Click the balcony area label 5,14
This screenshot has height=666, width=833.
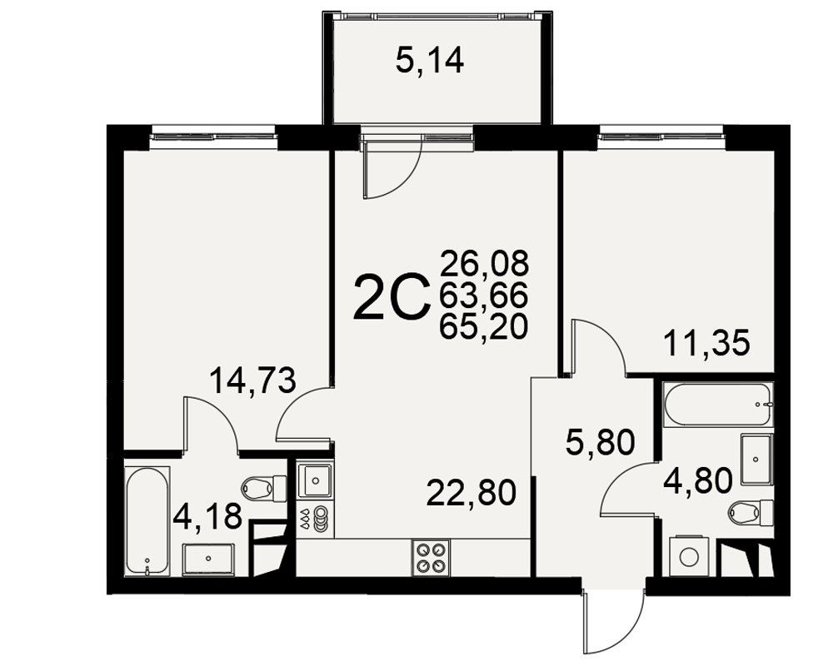coord(429,60)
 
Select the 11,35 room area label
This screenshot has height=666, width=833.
coord(707,342)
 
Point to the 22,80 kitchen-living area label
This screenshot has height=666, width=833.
coord(471,492)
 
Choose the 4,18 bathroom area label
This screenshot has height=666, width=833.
coord(207,515)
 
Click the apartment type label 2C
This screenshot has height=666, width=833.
coord(391,297)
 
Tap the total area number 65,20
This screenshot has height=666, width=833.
coord(483,326)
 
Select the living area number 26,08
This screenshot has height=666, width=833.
coord(484,263)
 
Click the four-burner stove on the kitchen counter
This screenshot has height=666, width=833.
coord(431,558)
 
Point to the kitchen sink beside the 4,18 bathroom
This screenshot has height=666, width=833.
coord(315,481)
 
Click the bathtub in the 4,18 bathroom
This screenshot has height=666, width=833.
coord(147,520)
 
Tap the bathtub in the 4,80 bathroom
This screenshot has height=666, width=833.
coord(716,404)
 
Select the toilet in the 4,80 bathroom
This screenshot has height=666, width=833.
coord(751,513)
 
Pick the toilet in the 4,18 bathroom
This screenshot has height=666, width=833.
coord(264,486)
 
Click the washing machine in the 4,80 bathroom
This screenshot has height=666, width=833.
coord(689,556)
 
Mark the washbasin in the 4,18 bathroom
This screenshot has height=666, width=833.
coord(208,559)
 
